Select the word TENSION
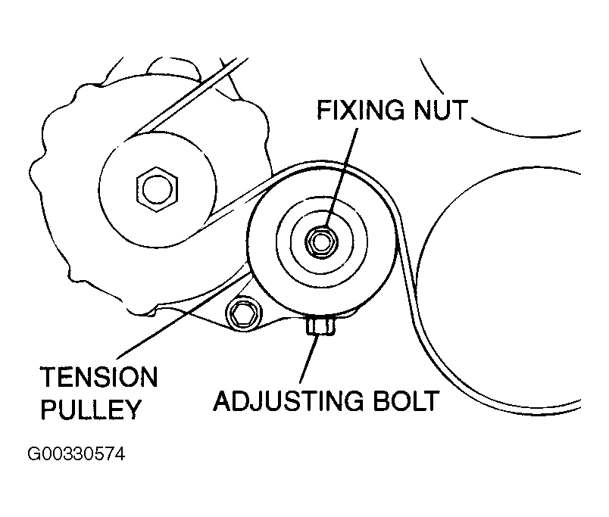click(x=98, y=376)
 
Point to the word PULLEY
click(x=91, y=410)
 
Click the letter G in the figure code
click(x=33, y=455)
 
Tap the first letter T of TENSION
click(x=48, y=376)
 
